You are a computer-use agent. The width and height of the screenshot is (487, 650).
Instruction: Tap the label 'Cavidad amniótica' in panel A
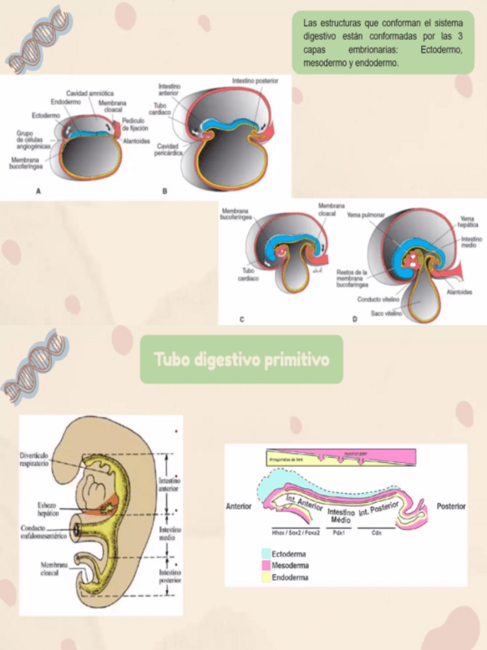coord(90,93)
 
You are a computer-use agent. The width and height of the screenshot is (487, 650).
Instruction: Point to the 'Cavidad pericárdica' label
coord(168,149)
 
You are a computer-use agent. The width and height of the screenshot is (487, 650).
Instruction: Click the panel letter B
coord(165,192)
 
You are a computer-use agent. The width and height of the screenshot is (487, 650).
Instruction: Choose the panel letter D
coord(355,318)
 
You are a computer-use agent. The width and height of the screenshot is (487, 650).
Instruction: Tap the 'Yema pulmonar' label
coord(364,215)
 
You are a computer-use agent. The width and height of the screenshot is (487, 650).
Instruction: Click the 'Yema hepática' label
coord(467,222)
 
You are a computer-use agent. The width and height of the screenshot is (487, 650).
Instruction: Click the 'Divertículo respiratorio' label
coord(35,459)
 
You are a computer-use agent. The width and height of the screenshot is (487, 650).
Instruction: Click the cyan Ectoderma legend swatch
coord(266,553)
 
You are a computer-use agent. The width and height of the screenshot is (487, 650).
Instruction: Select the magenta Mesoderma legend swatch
coord(266,565)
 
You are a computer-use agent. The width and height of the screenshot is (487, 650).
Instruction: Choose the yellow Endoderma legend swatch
coord(266,577)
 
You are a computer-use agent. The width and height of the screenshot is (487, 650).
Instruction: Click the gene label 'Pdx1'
coord(338,531)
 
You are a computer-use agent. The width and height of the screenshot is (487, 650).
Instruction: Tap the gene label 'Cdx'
coord(376,531)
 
